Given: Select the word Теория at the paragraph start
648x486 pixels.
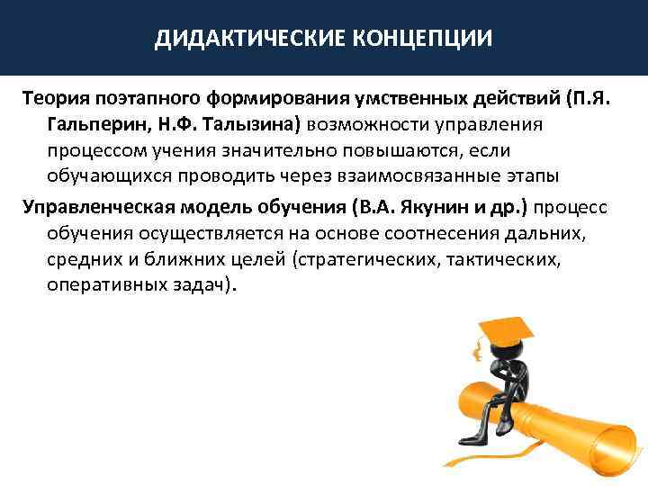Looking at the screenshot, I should tap(52, 96).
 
